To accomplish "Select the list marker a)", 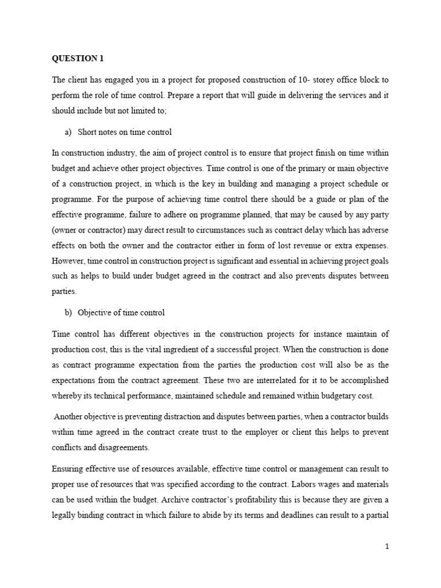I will pos(68,133).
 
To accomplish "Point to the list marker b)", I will pos(68,313).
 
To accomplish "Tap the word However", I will pos(68,261).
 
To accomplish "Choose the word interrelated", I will pos(254,380).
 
